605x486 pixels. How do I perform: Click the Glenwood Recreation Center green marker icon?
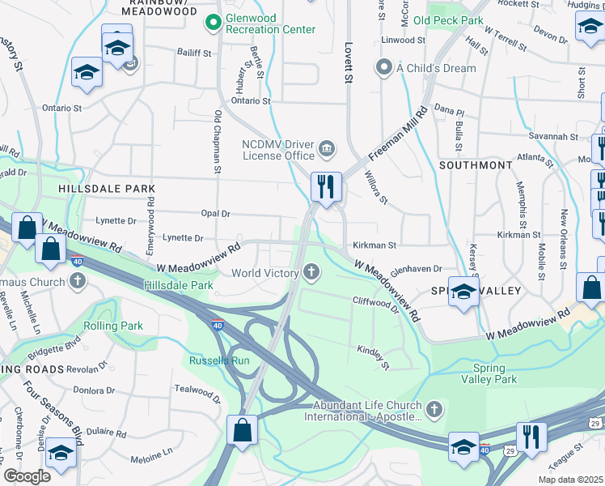(x=214, y=23)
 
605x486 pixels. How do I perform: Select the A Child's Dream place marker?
(x=385, y=68)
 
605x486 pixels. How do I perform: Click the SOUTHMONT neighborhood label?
(x=476, y=164)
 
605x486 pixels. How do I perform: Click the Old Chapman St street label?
(x=217, y=142)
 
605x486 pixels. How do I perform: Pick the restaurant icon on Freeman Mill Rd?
(x=327, y=186)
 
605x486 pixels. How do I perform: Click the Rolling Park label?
(x=113, y=326)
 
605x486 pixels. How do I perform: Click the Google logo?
(x=27, y=475)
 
